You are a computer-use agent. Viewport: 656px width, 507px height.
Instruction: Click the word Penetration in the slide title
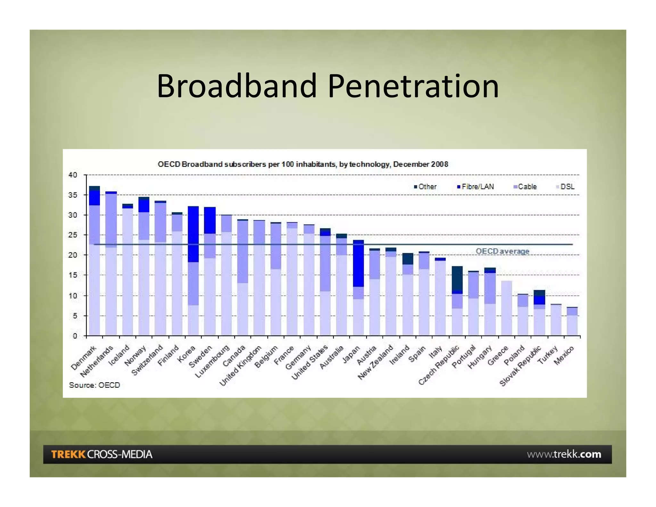point(413,86)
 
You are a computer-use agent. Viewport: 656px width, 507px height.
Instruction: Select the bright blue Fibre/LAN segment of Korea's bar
point(193,234)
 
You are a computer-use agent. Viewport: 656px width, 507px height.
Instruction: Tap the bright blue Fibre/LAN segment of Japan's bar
point(358,263)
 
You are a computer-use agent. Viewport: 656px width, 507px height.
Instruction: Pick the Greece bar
point(506,308)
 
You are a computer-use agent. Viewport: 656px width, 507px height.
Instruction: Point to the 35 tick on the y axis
point(73,195)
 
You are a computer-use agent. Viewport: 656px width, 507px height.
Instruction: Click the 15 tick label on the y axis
point(73,275)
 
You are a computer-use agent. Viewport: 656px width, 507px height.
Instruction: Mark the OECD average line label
point(502,251)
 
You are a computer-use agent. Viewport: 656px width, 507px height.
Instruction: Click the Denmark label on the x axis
point(84,358)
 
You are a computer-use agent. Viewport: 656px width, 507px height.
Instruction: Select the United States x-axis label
point(310,362)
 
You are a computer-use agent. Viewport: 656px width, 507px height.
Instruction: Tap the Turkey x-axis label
point(548,356)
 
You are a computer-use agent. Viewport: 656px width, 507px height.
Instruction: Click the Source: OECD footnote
point(94,385)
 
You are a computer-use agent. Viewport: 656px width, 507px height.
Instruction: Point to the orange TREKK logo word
point(68,454)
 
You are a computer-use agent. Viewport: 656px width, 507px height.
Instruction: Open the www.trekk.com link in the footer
point(564,454)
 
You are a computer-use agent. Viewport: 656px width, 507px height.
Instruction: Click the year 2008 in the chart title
point(439,164)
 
